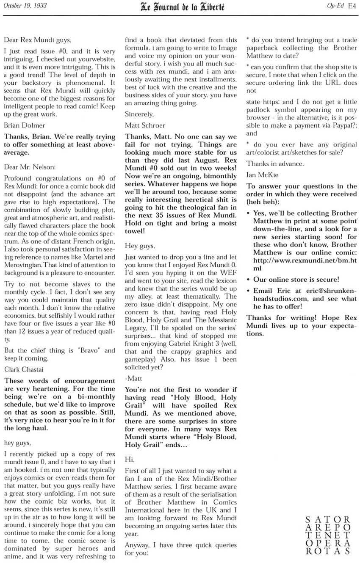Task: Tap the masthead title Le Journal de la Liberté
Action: click(183, 6)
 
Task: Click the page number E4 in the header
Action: click(352, 6)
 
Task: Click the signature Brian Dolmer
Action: click(25, 125)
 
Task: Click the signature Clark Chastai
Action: click(24, 369)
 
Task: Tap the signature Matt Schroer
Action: click(145, 125)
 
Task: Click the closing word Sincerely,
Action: click(139, 114)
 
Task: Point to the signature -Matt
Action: click(134, 378)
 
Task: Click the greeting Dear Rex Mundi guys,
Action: click(38, 40)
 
